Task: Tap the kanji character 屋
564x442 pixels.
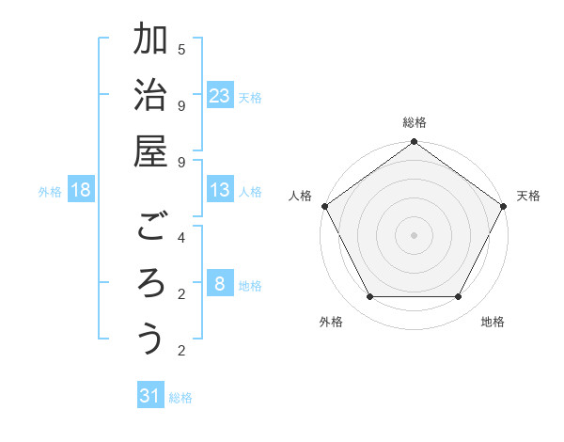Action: click(x=150, y=150)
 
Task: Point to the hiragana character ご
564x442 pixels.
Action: click(x=150, y=227)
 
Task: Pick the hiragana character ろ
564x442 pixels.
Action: click(x=150, y=283)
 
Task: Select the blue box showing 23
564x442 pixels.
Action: click(x=220, y=95)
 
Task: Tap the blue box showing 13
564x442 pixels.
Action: click(x=220, y=190)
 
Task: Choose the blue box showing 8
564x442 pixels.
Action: click(x=220, y=283)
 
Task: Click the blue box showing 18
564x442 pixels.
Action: click(x=81, y=190)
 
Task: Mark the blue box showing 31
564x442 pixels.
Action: click(x=150, y=396)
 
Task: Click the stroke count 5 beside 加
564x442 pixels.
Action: click(x=181, y=48)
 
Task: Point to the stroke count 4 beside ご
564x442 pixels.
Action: click(x=181, y=237)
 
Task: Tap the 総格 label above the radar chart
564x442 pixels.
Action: click(x=414, y=122)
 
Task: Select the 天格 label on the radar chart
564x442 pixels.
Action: click(x=528, y=196)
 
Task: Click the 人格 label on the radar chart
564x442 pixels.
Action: click(x=301, y=196)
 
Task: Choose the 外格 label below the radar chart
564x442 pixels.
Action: click(x=331, y=322)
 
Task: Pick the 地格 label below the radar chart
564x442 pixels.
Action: click(x=493, y=322)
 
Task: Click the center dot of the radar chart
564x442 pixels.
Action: click(x=414, y=234)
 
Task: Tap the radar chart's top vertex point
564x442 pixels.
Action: click(x=414, y=143)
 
